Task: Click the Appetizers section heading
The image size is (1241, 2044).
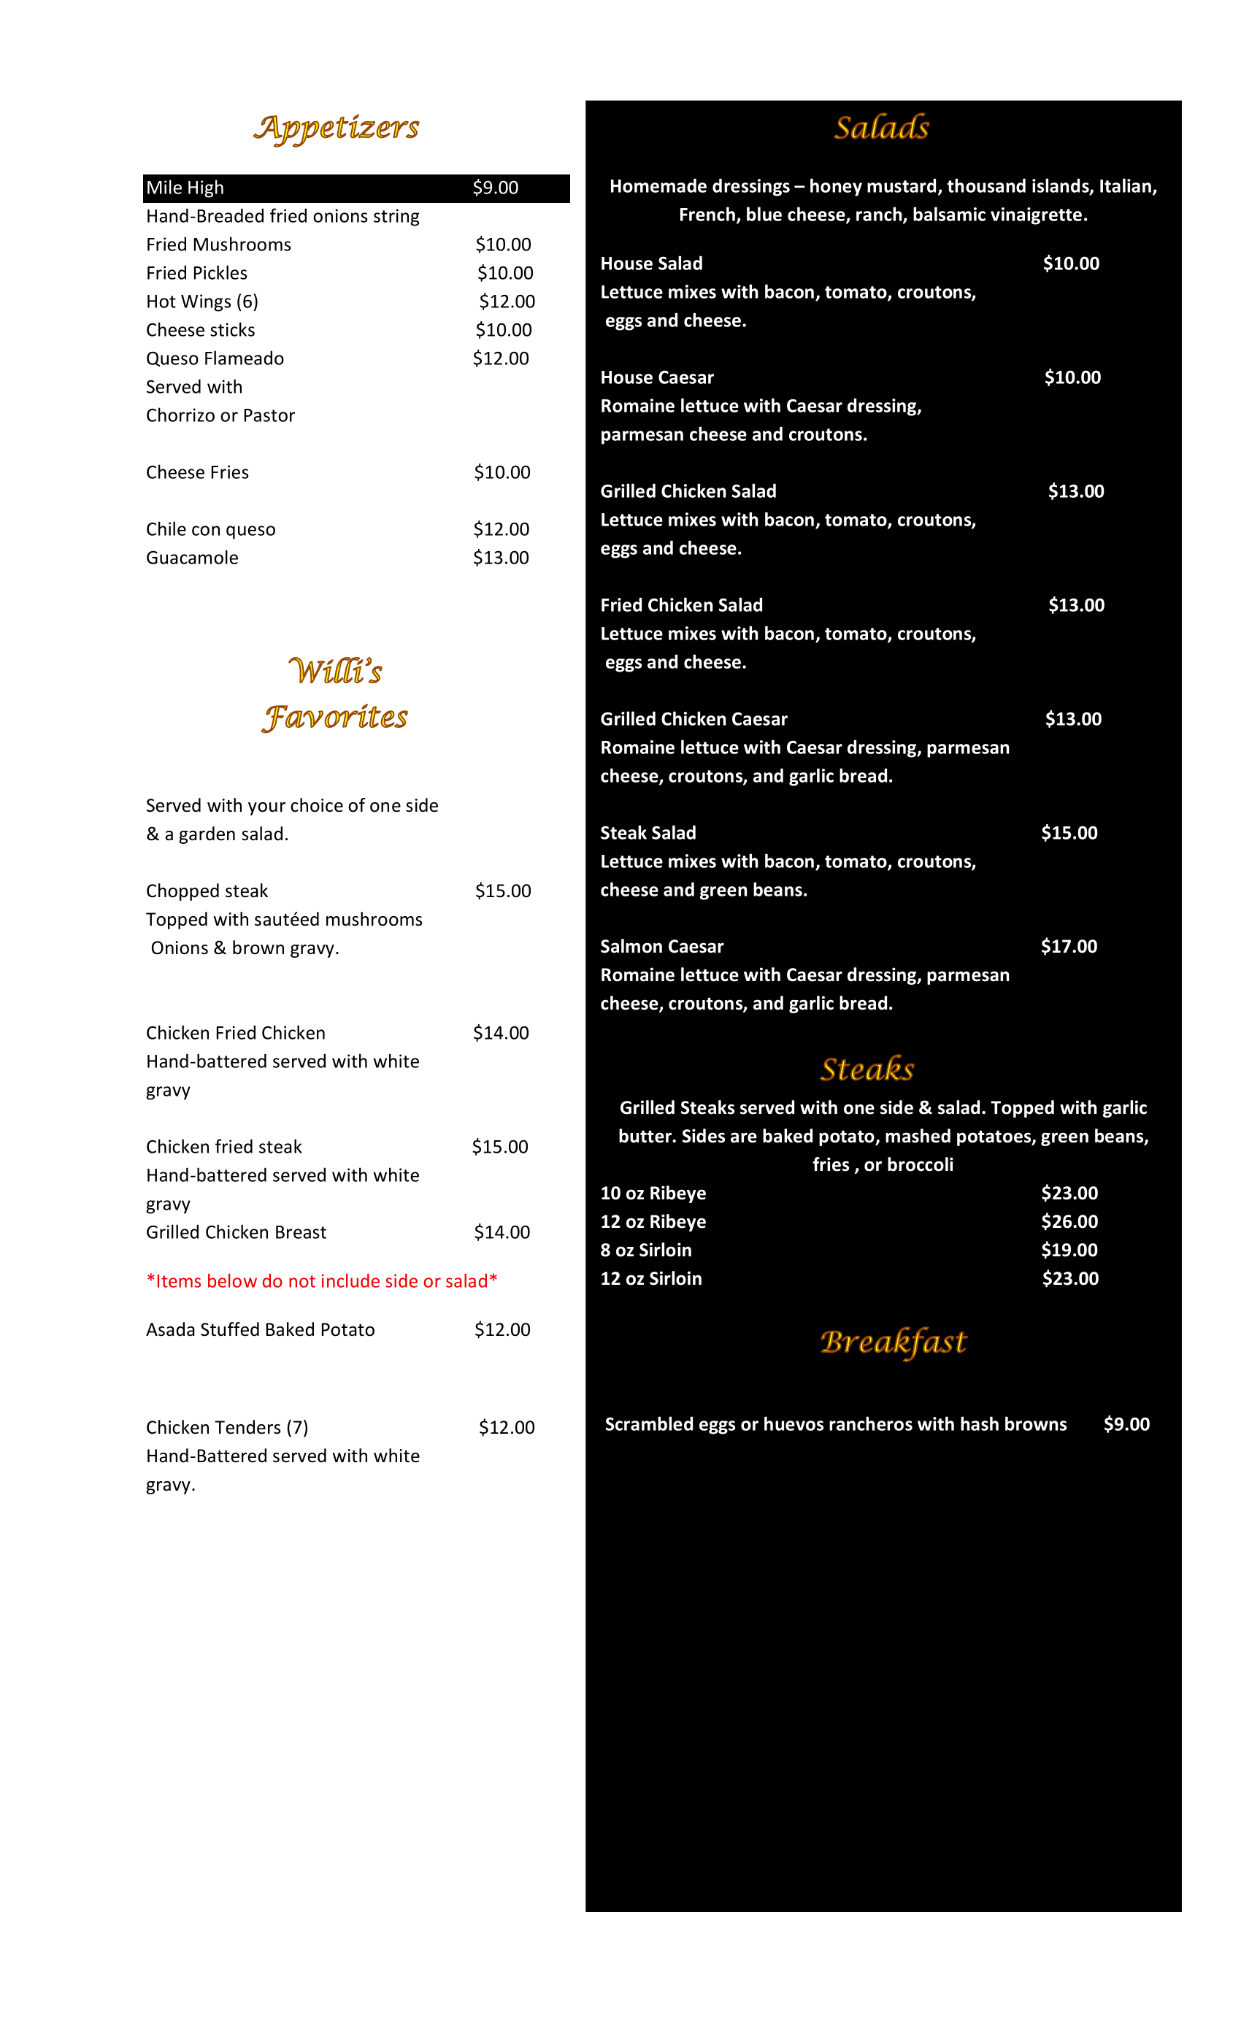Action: (336, 128)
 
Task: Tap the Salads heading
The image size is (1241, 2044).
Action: (881, 128)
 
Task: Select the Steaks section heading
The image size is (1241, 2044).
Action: (867, 1069)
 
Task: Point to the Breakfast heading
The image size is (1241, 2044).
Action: (893, 1342)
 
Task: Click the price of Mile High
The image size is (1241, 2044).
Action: (495, 188)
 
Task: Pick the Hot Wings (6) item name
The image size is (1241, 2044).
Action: (201, 302)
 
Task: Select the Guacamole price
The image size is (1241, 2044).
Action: (500, 558)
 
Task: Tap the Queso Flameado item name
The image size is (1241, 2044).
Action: (215, 359)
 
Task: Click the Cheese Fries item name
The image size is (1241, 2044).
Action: (197, 473)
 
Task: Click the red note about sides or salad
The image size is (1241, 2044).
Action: (321, 1281)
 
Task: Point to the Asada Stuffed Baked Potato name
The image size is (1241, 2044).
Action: (261, 1330)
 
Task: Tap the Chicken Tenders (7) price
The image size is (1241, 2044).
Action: (506, 1428)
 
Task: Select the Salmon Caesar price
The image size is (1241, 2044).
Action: (1069, 947)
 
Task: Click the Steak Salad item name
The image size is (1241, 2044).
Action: (648, 833)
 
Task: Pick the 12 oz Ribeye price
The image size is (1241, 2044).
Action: (1069, 1222)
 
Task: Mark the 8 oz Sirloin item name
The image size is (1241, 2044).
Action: (645, 1250)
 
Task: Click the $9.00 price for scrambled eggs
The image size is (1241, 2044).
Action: (1126, 1424)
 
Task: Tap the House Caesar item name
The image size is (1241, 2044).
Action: (656, 377)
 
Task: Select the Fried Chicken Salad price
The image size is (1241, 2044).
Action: (1076, 606)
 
